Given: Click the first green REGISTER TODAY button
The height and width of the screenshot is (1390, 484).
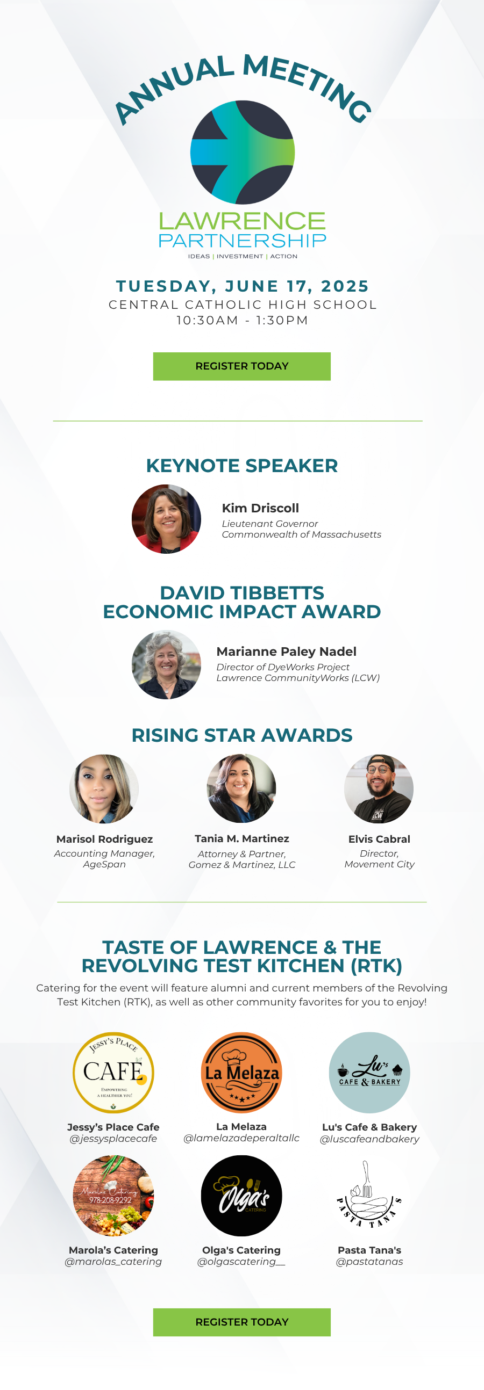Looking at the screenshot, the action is click(241, 366).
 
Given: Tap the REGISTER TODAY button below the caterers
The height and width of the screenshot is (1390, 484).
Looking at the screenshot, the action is click(241, 1322).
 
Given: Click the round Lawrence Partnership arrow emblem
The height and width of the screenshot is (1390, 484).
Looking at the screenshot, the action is click(243, 152).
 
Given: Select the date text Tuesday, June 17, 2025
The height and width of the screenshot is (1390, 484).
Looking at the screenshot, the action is click(243, 286).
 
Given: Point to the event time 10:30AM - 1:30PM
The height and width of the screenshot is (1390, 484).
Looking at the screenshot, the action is click(243, 321).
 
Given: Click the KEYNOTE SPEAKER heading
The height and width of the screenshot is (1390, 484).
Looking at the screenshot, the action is click(242, 466).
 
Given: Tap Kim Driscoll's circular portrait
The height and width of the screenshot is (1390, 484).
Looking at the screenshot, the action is click(166, 519).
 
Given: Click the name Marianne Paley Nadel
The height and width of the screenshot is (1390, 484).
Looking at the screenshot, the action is click(286, 652).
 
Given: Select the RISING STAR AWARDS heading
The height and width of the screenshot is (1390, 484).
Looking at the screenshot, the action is click(242, 735).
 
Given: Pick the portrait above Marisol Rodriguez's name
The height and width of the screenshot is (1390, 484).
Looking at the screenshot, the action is click(104, 789).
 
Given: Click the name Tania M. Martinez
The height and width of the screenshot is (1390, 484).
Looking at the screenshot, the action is click(242, 839).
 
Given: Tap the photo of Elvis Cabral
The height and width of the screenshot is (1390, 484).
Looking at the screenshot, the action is click(379, 789).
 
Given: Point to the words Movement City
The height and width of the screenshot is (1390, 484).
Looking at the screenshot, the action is click(379, 864).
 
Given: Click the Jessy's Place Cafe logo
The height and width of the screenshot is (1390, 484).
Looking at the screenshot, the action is click(113, 1073).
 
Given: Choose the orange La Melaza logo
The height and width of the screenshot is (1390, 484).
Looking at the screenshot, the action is click(241, 1073).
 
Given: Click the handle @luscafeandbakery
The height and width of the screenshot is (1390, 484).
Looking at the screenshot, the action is click(369, 1139).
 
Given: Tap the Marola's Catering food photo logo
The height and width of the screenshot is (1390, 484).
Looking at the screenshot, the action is click(113, 1196).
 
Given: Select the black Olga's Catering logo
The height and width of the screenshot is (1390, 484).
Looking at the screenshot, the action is click(241, 1196).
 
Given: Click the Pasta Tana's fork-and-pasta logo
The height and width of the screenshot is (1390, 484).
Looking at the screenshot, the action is click(369, 1196).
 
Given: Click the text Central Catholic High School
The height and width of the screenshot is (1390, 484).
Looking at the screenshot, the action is click(243, 305).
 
